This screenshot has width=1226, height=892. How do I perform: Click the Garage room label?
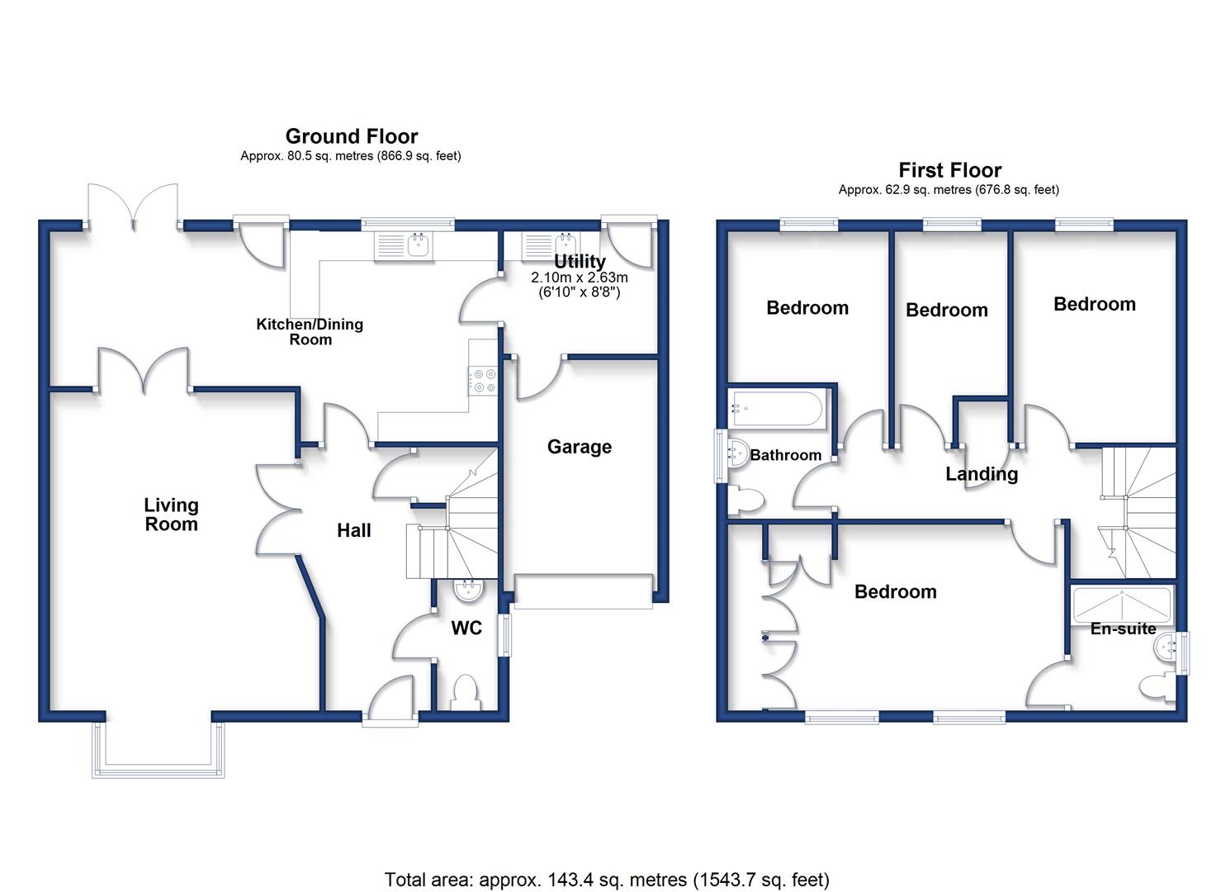[x=579, y=447]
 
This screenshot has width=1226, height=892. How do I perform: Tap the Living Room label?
[x=172, y=515]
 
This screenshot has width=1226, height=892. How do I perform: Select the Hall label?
[x=353, y=530]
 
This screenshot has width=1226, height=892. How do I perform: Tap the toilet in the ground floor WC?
[x=466, y=692]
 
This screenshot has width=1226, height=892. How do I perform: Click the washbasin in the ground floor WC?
[x=468, y=590]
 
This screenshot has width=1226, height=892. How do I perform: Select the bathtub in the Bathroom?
[x=775, y=409]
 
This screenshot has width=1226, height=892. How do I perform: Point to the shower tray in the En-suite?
[x=1122, y=605]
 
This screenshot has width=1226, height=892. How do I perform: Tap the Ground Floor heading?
[x=352, y=135]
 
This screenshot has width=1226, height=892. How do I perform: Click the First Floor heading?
[x=949, y=170]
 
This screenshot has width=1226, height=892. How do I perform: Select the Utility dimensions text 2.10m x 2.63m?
[x=579, y=277]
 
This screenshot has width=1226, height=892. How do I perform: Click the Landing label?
[x=982, y=473]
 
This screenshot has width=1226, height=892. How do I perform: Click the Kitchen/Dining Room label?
[x=310, y=331]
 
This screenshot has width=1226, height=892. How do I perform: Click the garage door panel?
[x=584, y=591]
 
